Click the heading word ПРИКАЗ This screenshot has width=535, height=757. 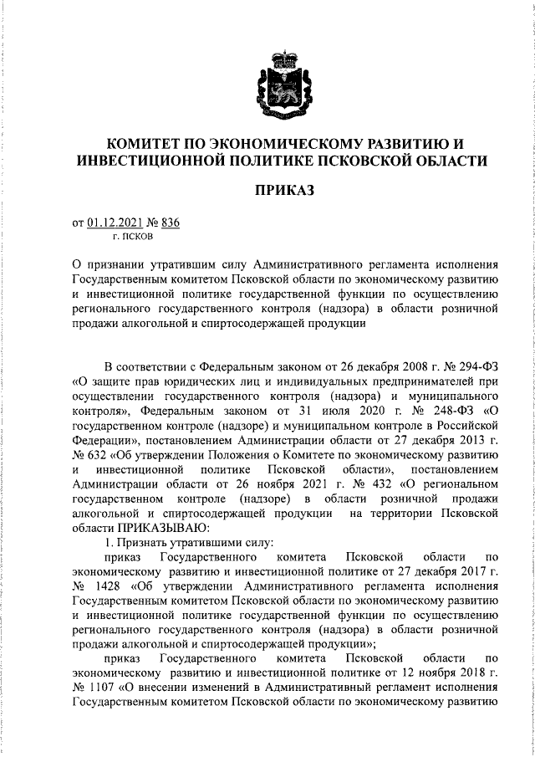(x=283, y=192)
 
